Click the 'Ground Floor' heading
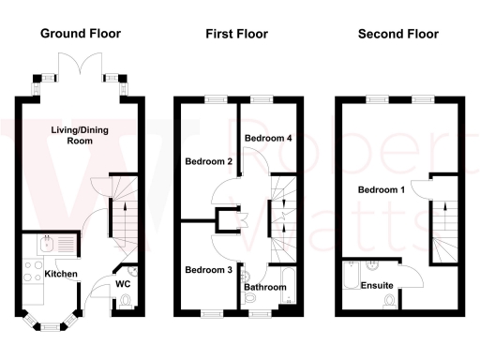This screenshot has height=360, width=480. point(80,34)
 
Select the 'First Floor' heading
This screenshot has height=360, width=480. point(236,34)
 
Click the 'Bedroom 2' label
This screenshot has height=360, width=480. point(208,161)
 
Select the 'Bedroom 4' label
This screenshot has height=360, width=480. point(268,139)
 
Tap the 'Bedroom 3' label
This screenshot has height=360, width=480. point(207,270)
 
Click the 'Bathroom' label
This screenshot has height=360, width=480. point(265,288)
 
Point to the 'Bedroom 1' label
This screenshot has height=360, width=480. point(382,190)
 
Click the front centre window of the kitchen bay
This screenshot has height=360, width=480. point(52,325)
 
